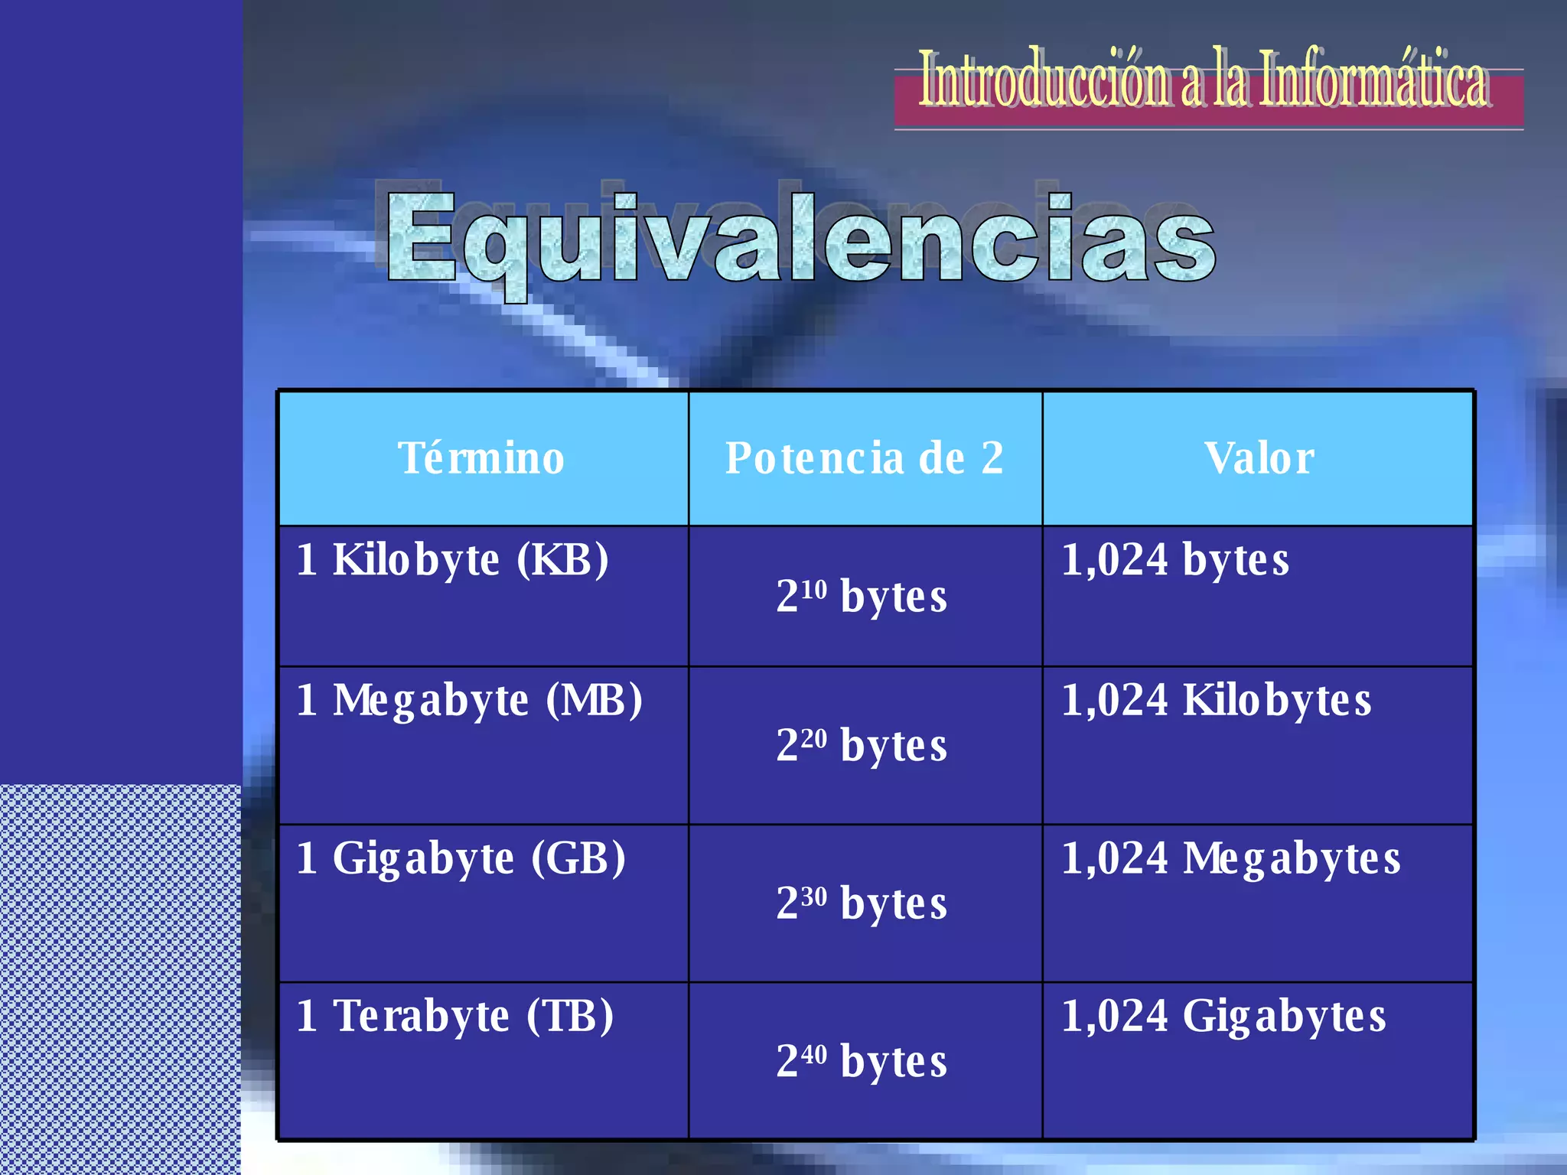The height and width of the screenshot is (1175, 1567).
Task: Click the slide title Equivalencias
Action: point(800,239)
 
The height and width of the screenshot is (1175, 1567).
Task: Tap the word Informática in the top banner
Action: point(1373,79)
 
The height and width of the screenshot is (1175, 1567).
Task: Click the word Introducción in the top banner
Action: point(1044,79)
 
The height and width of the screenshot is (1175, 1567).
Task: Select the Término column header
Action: point(481,458)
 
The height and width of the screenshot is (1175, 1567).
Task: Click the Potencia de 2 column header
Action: point(864,458)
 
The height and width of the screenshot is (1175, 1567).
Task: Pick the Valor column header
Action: point(1259,458)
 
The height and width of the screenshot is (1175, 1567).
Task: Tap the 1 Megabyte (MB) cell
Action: point(469,700)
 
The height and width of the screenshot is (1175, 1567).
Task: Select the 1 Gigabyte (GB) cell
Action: point(461,858)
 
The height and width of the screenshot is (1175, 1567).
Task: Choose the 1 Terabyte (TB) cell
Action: point(455,1016)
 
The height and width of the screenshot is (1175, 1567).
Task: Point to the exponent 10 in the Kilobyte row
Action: point(815,589)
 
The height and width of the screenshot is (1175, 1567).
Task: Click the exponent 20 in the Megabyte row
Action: point(815,738)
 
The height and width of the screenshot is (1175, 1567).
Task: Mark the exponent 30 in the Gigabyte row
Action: point(815,896)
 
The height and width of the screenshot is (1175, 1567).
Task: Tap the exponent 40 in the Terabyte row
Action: point(815,1054)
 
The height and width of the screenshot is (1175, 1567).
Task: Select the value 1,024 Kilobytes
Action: point(1216,700)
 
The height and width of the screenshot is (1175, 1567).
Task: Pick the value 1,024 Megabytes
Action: point(1230,858)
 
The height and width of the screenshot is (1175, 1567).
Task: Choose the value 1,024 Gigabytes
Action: point(1223,1016)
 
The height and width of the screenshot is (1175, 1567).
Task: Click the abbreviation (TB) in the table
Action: point(570,1016)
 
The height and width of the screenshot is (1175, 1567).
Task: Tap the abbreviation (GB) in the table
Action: point(578,858)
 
